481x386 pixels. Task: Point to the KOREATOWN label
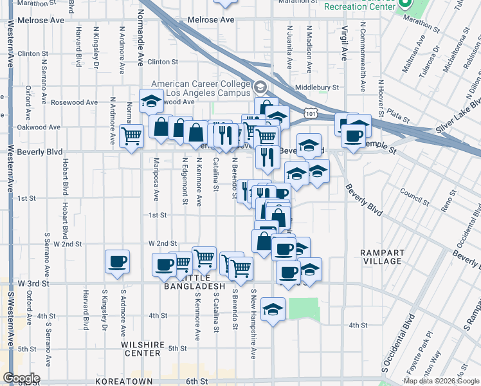tap(122, 381)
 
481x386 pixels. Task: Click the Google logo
tap(21, 378)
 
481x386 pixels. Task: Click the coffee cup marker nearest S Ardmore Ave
tap(117, 262)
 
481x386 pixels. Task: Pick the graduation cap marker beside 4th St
tap(273, 311)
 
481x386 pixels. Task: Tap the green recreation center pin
tap(405, 4)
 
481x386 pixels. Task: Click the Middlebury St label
tap(316, 87)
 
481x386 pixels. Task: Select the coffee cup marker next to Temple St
tap(353, 136)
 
